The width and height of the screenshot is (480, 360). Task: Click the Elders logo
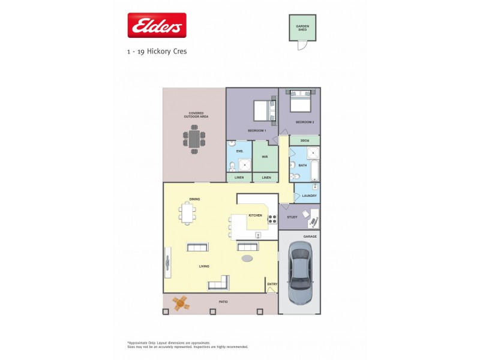pyautogui.click(x=157, y=26)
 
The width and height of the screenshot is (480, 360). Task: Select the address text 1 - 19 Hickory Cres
pyautogui.click(x=157, y=52)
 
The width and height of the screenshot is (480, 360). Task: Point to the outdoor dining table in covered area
pyautogui.click(x=194, y=140)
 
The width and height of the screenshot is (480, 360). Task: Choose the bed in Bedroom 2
pyautogui.click(x=300, y=100)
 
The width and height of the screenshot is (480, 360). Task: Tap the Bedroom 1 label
pyautogui.click(x=257, y=130)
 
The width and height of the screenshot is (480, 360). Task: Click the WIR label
pyautogui.click(x=265, y=157)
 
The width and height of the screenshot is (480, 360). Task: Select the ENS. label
pyautogui.click(x=239, y=152)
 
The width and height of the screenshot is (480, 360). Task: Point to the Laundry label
pyautogui.click(x=309, y=196)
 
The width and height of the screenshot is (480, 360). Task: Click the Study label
pyautogui.click(x=292, y=217)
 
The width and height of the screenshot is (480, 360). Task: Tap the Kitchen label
pyautogui.click(x=256, y=215)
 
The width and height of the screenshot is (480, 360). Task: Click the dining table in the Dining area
pyautogui.click(x=188, y=213)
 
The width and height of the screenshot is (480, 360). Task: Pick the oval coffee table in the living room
pyautogui.click(x=247, y=259)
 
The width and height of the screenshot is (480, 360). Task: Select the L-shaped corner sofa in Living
pyautogui.click(x=219, y=283)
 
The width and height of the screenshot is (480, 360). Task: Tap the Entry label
pyautogui.click(x=272, y=284)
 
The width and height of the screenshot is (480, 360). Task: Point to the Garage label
pyautogui.click(x=310, y=236)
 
